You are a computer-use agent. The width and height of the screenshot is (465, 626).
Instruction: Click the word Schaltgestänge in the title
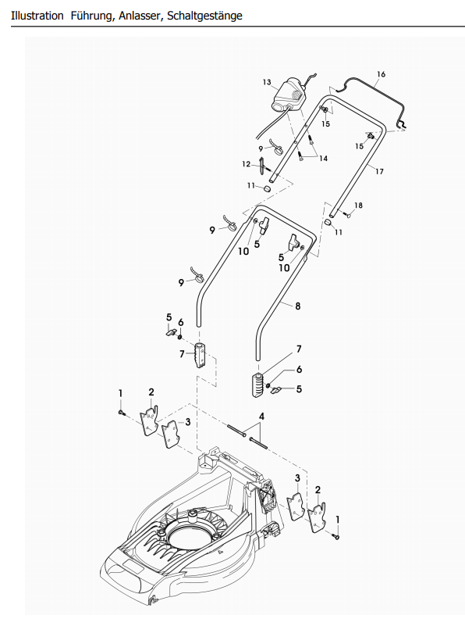(204, 16)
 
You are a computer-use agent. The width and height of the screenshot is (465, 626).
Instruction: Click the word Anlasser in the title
(140, 16)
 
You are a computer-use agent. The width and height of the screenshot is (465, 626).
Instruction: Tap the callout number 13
(267, 82)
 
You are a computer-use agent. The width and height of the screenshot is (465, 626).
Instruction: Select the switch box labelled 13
(288, 95)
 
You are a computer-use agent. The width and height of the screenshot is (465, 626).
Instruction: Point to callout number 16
(381, 74)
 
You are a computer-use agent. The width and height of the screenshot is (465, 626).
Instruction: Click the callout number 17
(379, 171)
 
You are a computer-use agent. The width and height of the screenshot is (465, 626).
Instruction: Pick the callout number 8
(298, 306)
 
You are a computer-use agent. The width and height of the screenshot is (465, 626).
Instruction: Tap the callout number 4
(261, 417)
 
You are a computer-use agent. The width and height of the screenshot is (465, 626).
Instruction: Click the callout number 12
(247, 164)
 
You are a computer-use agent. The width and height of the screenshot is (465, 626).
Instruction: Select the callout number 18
(358, 206)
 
